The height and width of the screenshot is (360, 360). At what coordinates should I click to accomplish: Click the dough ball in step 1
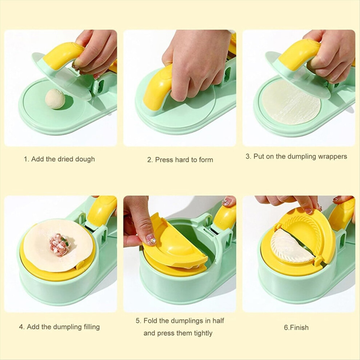point(55,99)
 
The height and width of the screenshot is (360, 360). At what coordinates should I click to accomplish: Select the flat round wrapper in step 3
point(291,103)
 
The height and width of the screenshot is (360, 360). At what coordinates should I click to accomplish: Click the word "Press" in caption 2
point(164,160)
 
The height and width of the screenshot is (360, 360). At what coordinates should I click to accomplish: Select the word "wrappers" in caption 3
point(332,157)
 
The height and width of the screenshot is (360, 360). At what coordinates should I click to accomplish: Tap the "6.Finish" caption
point(296,327)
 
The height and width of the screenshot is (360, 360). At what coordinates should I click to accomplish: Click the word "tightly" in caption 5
point(203,333)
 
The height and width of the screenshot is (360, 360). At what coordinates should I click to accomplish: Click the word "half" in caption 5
point(218,320)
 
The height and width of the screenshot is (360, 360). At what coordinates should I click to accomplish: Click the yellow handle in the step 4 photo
point(101,211)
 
